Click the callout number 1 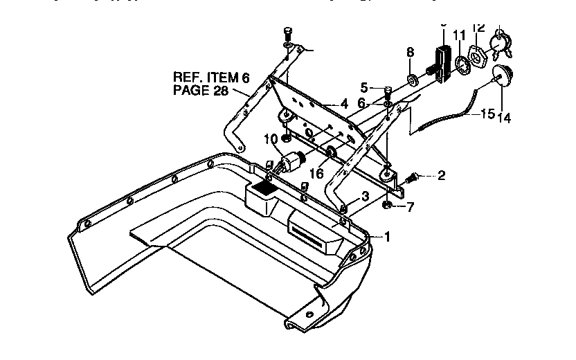tap(388, 237)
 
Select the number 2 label tap(441, 176)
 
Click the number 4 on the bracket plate tap(344, 105)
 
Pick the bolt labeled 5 tap(388, 91)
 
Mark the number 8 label tap(410, 52)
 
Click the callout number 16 tap(316, 172)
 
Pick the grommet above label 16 tap(331, 152)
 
